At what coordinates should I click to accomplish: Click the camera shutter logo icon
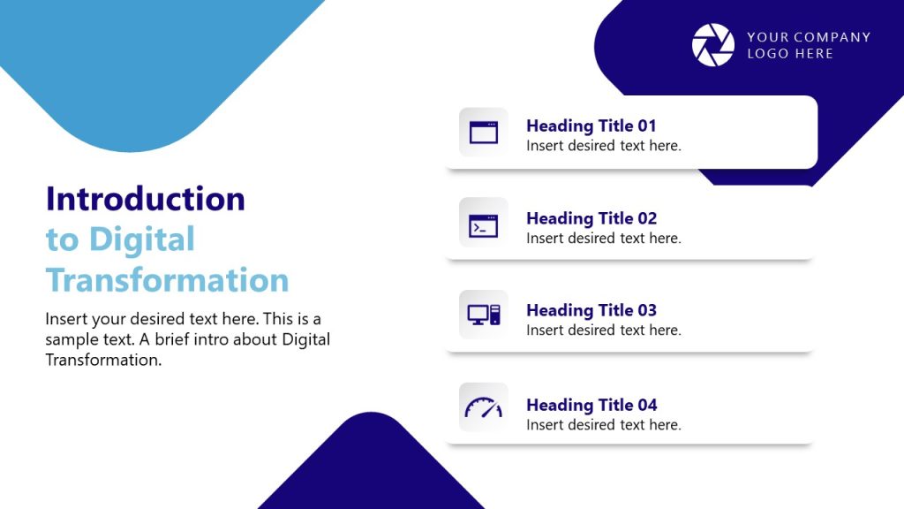coord(712,45)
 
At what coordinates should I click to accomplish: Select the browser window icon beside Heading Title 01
coord(484,133)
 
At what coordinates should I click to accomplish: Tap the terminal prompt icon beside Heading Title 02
coord(484,225)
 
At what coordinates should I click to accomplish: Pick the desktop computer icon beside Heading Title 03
coord(484,314)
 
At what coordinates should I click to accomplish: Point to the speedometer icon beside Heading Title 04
coord(484,407)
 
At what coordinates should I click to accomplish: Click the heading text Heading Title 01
coord(591,125)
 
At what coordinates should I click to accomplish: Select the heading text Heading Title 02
coord(591,218)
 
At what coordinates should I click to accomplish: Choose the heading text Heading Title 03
coord(591,310)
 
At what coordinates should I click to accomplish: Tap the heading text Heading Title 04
coord(591,405)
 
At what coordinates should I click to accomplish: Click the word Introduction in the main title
coord(146,199)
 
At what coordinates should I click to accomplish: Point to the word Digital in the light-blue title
coord(142,239)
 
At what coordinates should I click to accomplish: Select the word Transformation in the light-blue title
coord(168,280)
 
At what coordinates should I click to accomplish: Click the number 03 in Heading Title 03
coord(647,310)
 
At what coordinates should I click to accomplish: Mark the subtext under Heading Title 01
coord(604,146)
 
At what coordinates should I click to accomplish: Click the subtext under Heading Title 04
coord(604,425)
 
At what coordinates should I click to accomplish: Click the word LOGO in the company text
coord(764,54)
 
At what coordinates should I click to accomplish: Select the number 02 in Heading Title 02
coord(647,218)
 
